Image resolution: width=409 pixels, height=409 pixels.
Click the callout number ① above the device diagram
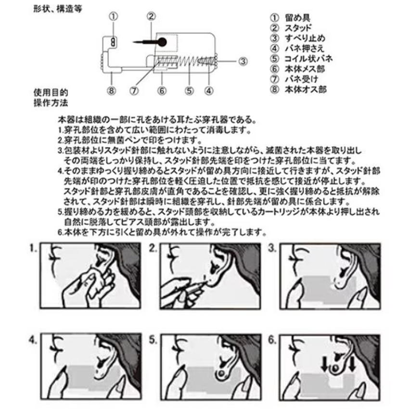(113, 16)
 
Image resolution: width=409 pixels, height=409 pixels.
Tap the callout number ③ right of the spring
(243, 61)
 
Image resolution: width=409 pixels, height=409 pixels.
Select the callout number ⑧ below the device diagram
(111, 91)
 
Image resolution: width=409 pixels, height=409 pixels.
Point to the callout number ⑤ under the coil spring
(190, 91)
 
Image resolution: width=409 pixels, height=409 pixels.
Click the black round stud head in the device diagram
(162, 42)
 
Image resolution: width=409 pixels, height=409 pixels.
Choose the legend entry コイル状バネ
(308, 59)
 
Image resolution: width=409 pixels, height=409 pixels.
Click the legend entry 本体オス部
(306, 89)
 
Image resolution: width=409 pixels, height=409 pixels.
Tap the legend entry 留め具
(298, 18)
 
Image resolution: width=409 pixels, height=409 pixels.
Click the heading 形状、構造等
(58, 9)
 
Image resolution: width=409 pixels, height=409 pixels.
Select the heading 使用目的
(51, 92)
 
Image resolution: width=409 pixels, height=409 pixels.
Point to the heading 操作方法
(51, 102)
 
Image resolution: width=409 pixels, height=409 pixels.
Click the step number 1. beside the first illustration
(33, 249)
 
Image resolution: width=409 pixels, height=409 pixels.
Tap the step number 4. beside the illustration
(33, 340)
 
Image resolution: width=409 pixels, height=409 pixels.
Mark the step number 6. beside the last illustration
(272, 340)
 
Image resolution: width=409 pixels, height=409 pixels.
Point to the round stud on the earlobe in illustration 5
(221, 373)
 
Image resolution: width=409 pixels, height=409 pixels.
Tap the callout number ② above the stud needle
(151, 16)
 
